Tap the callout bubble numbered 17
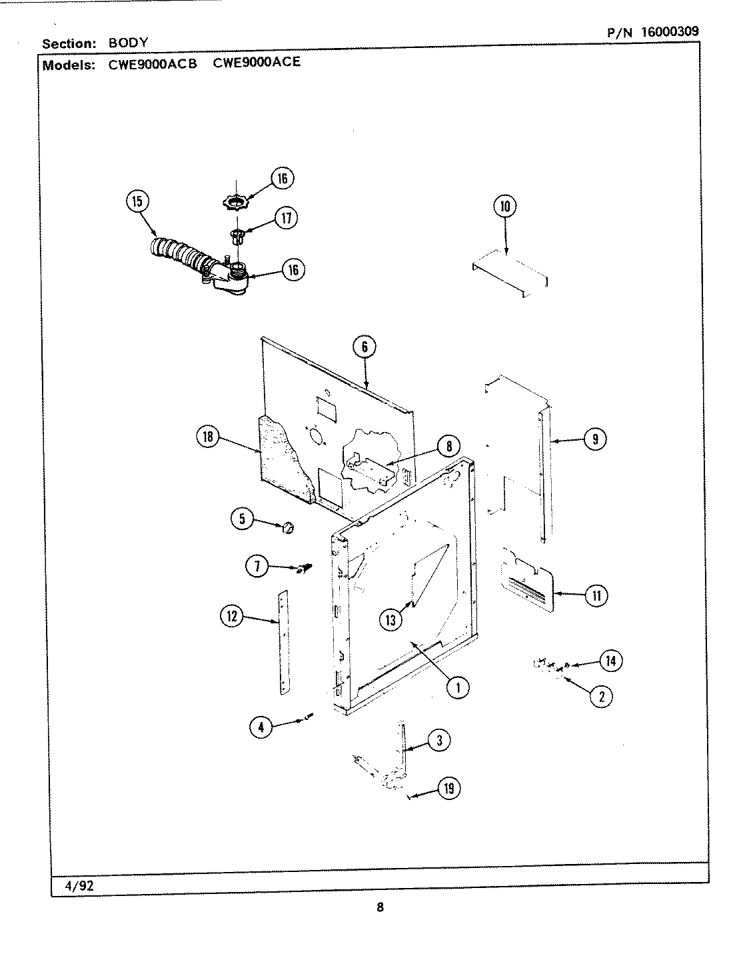coord(285,218)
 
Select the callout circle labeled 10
coord(504,207)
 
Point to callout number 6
coord(365,346)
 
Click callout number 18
coord(208,437)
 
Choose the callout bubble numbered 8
coord(448,447)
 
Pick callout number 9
coord(594,439)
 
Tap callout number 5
coord(243,518)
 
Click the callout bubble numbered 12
coord(232,617)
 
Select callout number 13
coord(391,620)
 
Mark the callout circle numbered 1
coord(458,687)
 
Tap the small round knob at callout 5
coord(288,528)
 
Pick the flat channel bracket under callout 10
coord(510,273)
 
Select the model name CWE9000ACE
coord(257,63)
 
